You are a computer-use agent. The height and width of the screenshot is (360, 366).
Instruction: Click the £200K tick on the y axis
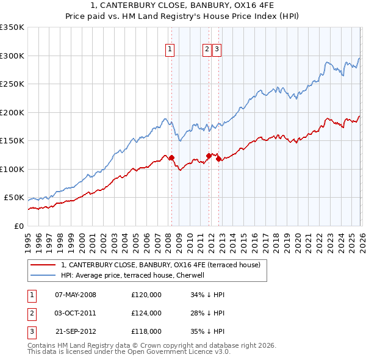pos(12,112)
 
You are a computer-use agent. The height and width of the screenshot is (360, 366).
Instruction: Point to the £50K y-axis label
pos(14,198)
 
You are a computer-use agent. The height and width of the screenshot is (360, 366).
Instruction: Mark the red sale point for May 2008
pos(171,157)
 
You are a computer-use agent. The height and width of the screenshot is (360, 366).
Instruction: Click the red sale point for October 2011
pos(209,156)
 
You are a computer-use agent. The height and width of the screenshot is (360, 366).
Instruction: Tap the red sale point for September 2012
pos(218,159)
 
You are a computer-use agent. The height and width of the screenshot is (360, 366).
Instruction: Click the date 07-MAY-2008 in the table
pos(76,295)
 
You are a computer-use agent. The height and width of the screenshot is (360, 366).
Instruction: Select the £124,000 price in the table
pos(146,313)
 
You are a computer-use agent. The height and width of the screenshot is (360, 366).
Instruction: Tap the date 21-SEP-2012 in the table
pos(76,331)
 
